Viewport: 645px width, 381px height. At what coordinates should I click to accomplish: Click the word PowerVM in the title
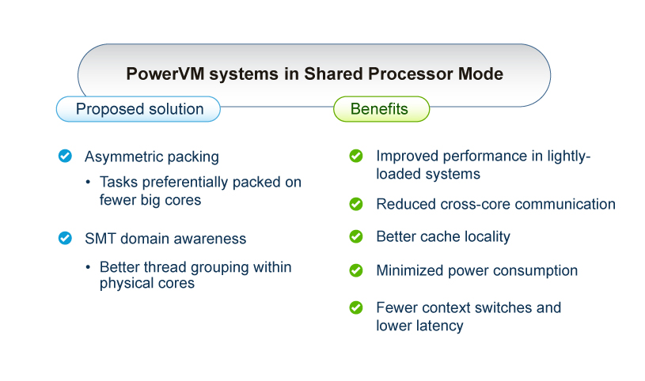tap(165, 74)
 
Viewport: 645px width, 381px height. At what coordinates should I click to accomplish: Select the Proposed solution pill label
tap(138, 109)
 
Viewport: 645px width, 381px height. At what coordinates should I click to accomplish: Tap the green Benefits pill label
tap(381, 109)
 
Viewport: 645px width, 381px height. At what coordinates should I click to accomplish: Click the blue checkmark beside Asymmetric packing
tap(65, 157)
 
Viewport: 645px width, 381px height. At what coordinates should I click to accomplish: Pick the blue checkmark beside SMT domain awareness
tap(65, 238)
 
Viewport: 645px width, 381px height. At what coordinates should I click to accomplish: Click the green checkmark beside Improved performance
tap(356, 156)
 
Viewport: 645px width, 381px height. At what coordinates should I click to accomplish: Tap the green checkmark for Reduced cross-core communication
tap(356, 204)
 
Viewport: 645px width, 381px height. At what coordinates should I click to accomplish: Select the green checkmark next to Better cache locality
tap(356, 236)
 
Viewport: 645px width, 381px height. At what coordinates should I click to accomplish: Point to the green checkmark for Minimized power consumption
tap(356, 270)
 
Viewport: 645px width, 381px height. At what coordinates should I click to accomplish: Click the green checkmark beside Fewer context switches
tap(356, 307)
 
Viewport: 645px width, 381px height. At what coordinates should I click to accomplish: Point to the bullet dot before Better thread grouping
tap(88, 267)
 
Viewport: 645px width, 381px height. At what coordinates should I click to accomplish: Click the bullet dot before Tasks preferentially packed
tap(88, 182)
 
